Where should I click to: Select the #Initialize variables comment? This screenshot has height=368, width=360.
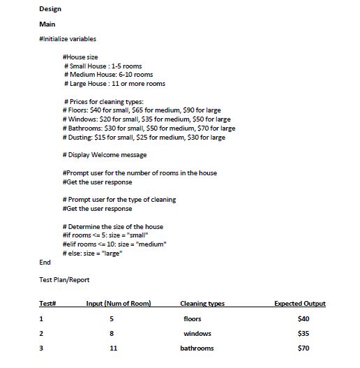pos(68,39)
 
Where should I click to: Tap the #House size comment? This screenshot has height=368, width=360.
pos(80,57)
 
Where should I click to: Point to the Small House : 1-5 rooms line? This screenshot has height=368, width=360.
pos(103,66)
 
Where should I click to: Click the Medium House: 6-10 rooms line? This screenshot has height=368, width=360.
pos(108,75)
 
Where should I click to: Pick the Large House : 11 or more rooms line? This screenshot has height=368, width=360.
pos(114,84)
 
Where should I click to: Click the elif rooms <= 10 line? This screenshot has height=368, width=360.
pos(114,244)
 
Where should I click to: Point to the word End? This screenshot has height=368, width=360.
pos(45,263)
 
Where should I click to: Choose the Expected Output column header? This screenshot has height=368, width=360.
pos(300,304)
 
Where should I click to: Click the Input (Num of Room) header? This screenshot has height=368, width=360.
pos(119,304)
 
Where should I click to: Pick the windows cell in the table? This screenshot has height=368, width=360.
pos(197,333)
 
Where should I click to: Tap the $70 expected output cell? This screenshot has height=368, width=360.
pos(303,348)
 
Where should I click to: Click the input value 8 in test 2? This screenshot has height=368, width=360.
pos(111,333)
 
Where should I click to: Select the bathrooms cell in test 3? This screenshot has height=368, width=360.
pos(197,348)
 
